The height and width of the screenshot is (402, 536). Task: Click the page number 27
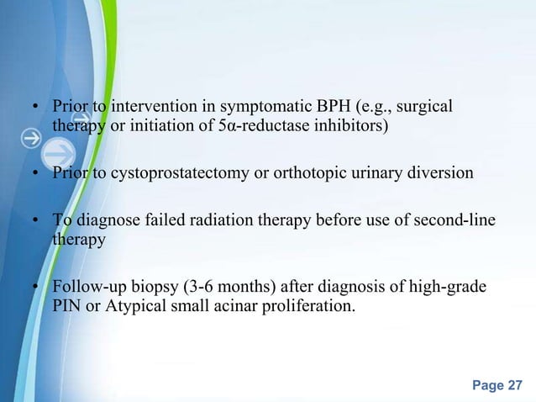click(515, 385)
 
